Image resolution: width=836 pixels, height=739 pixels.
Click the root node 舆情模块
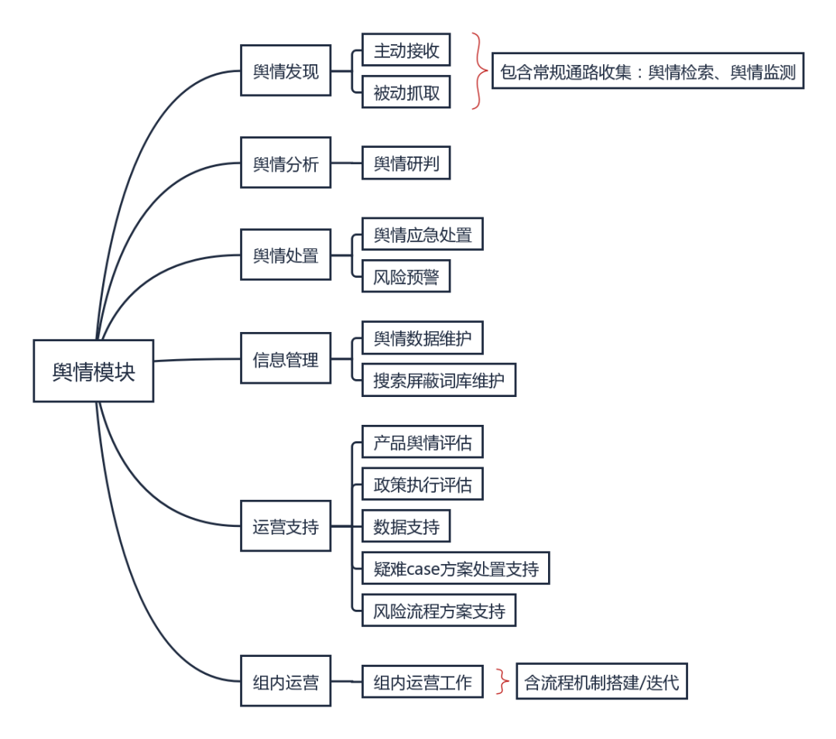point(93,371)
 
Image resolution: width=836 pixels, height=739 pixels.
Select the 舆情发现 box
point(285,70)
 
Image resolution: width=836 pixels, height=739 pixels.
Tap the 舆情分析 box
point(285,163)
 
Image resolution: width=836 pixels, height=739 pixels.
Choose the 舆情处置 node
point(285,254)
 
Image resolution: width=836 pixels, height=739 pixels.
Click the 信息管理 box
point(285,358)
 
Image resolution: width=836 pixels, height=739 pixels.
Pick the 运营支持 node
point(285,526)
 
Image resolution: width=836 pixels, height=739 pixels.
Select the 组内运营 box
point(285,682)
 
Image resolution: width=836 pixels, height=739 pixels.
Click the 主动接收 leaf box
point(406,51)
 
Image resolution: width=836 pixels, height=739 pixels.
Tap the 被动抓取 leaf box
point(406,92)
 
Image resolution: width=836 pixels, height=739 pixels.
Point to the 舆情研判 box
point(406,163)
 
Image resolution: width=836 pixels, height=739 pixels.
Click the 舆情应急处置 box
point(422,234)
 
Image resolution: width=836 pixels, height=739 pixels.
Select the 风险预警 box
point(406,275)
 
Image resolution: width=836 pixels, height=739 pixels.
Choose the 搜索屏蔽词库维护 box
point(438,380)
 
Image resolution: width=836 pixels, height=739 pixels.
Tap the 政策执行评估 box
point(422,484)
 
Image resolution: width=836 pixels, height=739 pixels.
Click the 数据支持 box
point(406,526)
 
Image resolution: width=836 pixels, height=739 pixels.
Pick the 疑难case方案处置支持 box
point(455,569)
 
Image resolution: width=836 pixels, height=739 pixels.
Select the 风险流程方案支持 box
point(438,611)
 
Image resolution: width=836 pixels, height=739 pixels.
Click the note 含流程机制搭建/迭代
point(601,682)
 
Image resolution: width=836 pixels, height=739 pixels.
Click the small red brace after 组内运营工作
point(503,682)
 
